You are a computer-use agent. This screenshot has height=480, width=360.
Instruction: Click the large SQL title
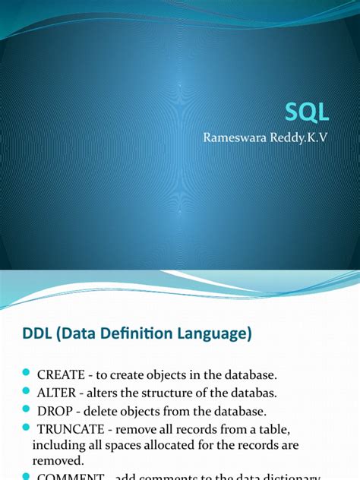[307, 112]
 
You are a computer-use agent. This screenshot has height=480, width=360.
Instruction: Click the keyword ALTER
[58, 393]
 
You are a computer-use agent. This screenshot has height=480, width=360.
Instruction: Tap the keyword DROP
[56, 411]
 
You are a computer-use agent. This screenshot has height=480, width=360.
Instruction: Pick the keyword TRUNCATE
[71, 429]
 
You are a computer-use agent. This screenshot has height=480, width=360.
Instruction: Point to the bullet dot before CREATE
[25, 373]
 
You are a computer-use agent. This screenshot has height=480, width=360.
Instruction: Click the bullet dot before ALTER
[25, 392]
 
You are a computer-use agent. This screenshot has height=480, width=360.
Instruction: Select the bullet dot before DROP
[25, 410]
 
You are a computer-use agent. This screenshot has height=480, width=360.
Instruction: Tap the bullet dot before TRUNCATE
[25, 428]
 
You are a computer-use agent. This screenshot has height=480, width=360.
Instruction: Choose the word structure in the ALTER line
[162, 393]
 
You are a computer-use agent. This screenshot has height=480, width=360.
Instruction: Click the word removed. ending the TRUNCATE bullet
[56, 459]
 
